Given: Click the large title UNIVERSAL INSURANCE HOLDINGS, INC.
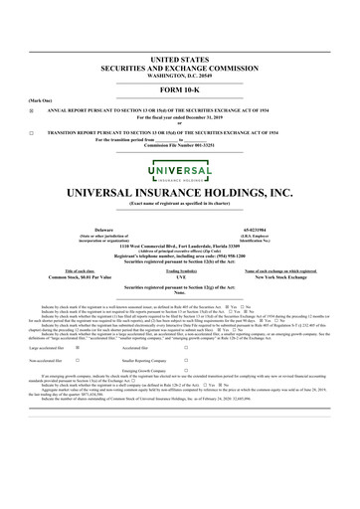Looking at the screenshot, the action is tap(180, 191).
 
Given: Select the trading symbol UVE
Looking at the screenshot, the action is tap(180, 277).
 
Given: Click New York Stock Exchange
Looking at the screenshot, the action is tap(271, 277).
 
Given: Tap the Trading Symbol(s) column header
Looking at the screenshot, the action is tap(180, 270).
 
